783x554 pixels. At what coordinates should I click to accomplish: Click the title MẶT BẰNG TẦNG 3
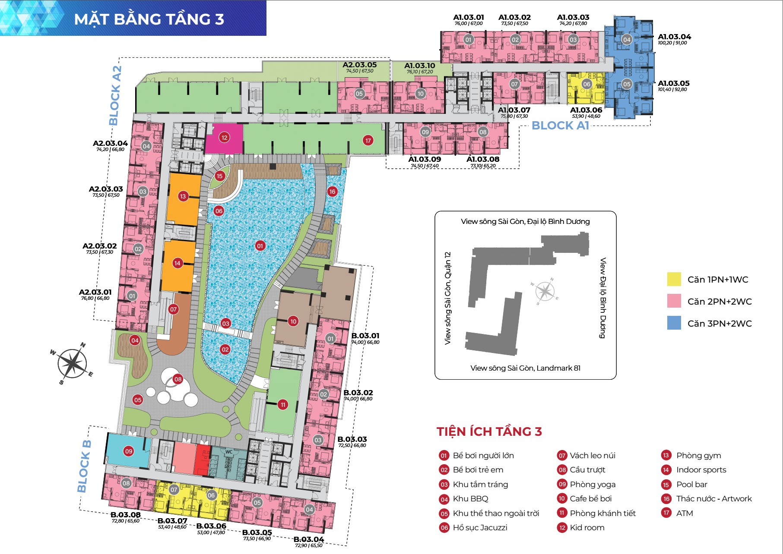click(149, 19)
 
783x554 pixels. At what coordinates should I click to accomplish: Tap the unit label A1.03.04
click(674, 37)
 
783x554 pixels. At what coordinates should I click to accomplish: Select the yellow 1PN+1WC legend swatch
click(674, 279)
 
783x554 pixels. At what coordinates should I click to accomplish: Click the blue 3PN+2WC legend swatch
click(674, 323)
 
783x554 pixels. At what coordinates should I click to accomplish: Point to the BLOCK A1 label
click(560, 126)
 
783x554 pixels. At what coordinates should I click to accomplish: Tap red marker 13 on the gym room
click(183, 196)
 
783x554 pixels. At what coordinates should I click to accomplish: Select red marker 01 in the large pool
click(260, 246)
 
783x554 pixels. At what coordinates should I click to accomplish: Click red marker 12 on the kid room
click(224, 138)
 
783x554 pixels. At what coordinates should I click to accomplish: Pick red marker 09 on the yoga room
click(128, 451)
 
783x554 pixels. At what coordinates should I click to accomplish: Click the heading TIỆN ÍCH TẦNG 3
click(489, 431)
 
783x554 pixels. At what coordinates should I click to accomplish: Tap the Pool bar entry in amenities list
click(691, 484)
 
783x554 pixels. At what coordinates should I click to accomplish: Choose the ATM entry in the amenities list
click(684, 513)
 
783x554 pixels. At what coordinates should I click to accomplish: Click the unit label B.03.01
click(365, 336)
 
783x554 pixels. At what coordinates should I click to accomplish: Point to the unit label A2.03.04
click(110, 144)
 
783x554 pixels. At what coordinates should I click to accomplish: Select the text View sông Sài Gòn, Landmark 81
click(525, 368)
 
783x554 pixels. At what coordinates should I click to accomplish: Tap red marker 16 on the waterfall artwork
click(332, 192)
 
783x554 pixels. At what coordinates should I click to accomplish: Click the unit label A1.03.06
click(586, 110)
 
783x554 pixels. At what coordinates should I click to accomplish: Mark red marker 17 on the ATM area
click(368, 141)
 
